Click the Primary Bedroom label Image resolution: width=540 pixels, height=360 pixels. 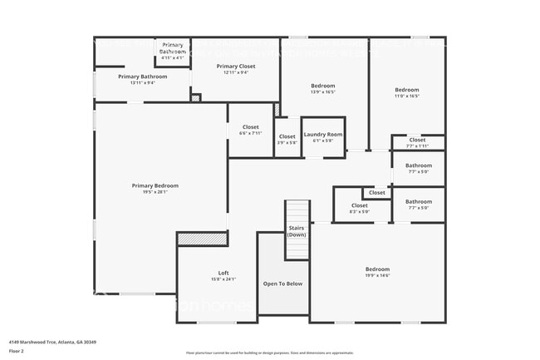tap(155, 185)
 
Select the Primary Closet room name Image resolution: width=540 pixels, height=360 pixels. tap(236, 66)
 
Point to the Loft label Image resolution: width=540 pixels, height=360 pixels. tap(223, 273)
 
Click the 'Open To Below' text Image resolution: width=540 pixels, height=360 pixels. tap(282, 284)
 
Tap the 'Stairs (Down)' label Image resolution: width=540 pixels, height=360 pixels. tap(297, 230)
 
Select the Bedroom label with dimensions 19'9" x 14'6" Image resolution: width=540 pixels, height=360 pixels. tap(377, 269)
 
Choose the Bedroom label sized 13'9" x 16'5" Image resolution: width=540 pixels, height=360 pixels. tap(323, 86)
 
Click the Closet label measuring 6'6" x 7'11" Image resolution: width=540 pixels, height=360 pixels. tap(250, 128)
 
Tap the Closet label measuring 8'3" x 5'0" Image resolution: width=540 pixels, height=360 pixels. tap(359, 205)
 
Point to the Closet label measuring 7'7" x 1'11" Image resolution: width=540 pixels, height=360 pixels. tap(417, 140)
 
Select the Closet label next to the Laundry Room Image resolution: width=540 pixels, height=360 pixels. tap(287, 136)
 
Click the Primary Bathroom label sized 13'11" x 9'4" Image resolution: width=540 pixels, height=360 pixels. tap(142, 76)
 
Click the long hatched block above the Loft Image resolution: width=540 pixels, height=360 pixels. tap(202, 239)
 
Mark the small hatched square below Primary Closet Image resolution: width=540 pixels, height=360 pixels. tap(196, 98)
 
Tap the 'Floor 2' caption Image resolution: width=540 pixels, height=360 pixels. tap(17, 349)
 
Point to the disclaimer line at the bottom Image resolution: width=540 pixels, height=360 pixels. tap(269, 353)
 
